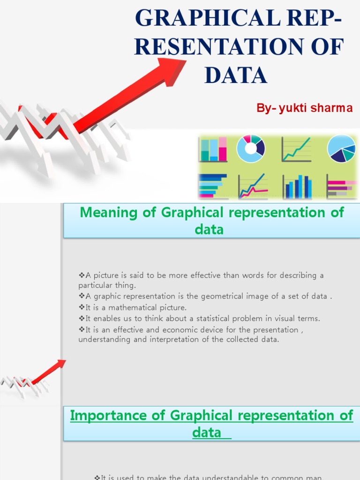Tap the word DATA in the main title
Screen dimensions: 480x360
point(236,75)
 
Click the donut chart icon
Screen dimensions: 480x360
point(251,149)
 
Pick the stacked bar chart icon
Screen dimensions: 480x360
point(213,149)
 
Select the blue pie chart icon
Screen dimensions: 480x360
point(341,149)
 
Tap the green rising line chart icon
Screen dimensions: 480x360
point(296,149)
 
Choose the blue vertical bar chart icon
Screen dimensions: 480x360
point(297,186)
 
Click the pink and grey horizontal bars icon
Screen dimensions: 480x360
point(341,187)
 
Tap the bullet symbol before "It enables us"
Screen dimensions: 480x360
point(81,318)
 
